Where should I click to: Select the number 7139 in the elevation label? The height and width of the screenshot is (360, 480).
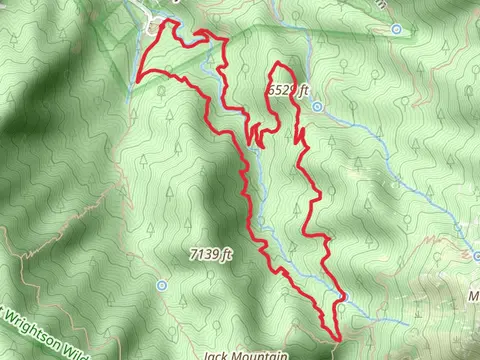[204, 255]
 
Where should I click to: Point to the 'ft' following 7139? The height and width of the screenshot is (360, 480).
[226, 255]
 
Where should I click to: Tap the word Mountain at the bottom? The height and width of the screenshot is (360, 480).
[260, 354]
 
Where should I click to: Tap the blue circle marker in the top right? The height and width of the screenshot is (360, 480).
[398, 29]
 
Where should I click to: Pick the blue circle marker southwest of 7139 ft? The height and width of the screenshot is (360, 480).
[162, 285]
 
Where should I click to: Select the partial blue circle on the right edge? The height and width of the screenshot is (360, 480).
[476, 256]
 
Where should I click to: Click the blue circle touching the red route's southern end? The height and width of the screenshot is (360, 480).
[339, 308]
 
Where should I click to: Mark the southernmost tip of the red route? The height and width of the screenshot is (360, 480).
[337, 339]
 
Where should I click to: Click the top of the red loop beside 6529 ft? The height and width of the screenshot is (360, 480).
[281, 66]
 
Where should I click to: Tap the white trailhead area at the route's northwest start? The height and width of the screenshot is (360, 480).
[155, 25]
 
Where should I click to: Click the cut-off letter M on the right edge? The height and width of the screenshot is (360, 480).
[474, 296]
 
